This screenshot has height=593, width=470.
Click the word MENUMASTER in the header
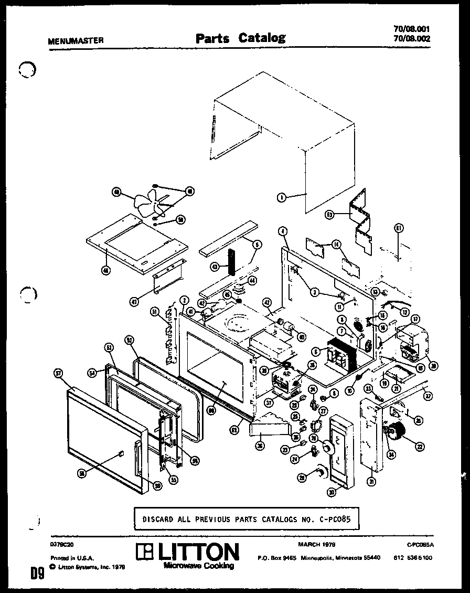pos(76,40)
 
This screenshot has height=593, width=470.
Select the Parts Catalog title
pos(240,38)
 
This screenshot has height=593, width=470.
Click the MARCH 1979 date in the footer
pos(317,545)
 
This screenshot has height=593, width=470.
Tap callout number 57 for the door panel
pos(58,373)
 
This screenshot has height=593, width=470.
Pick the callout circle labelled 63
pos(329,214)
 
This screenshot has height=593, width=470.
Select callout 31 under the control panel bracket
pos(371,482)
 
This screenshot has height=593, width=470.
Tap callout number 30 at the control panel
pos(331,492)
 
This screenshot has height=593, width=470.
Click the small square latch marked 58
pos(121,452)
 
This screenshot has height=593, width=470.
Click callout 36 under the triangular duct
pos(260,447)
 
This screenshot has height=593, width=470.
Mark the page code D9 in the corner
pos(36,575)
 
